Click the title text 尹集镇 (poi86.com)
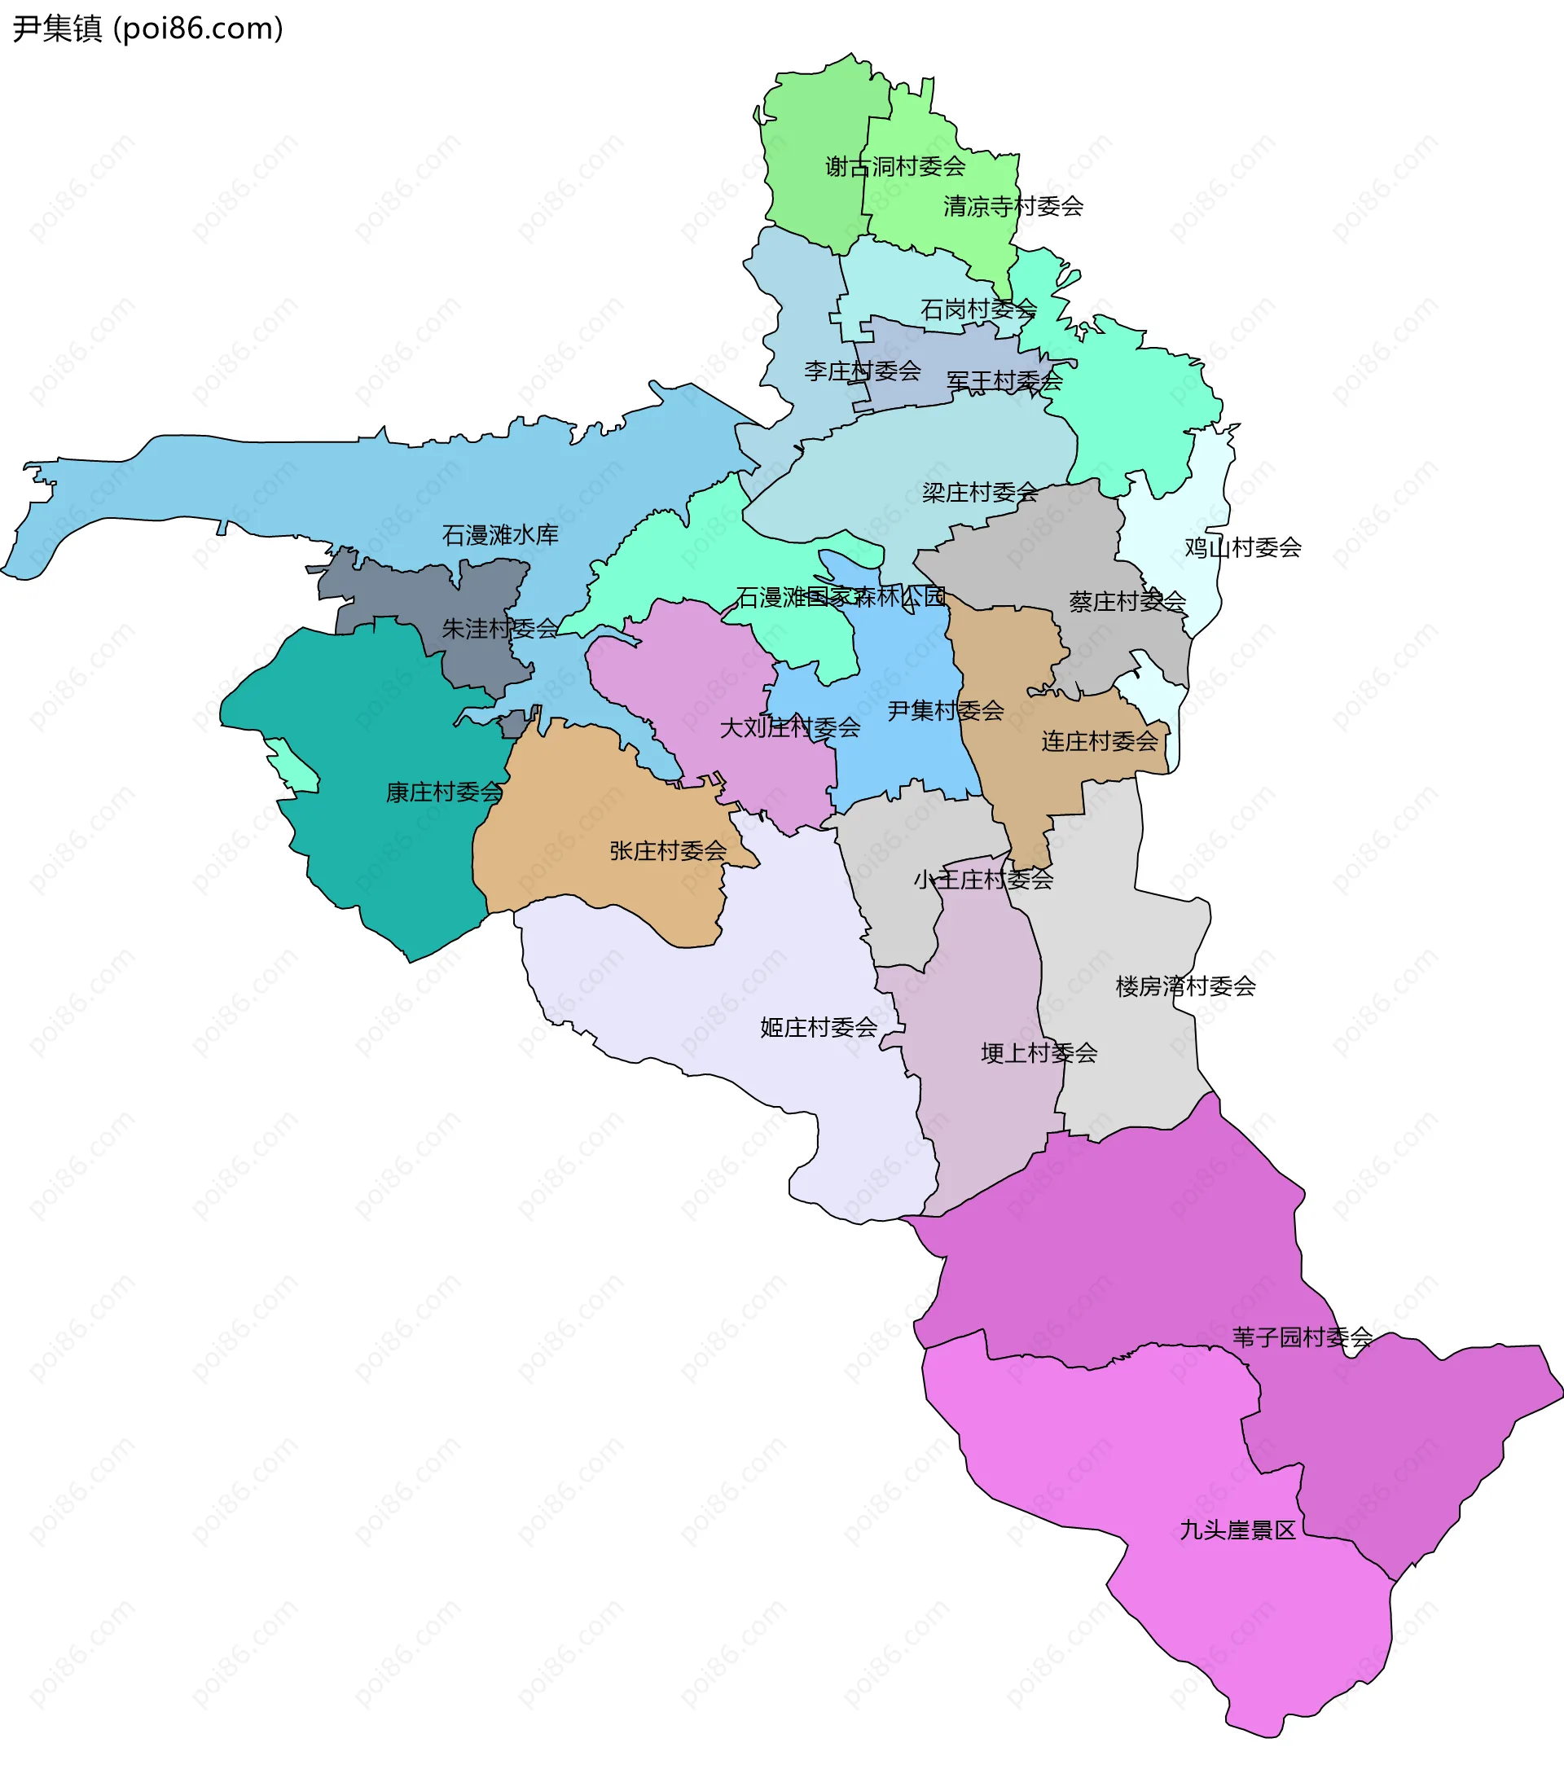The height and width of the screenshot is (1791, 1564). coord(147,29)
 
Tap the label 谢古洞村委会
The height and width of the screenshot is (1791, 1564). coord(895,166)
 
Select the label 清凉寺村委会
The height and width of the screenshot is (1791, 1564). coord(1013,206)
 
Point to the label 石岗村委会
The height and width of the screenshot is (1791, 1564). coord(978,309)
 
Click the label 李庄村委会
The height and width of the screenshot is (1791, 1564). coord(863,371)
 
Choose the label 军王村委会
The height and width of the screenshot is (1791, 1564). coord(1004,381)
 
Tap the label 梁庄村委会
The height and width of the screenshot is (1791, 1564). coord(980,492)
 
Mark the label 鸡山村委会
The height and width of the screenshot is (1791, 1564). coord(1243,547)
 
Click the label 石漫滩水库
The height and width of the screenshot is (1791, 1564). coord(500,535)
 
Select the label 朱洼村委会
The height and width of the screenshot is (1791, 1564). coord(500,628)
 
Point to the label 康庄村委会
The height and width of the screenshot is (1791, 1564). coord(444,792)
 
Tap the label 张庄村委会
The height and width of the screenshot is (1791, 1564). coord(668,850)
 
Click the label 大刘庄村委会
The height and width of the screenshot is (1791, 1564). coord(790,727)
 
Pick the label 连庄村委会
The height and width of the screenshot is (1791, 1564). coord(1100,741)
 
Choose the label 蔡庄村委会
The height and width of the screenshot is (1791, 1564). coord(1127,601)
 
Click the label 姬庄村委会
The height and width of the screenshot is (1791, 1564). coord(819,1027)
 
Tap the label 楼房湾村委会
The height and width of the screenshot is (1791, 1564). coord(1185,986)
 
